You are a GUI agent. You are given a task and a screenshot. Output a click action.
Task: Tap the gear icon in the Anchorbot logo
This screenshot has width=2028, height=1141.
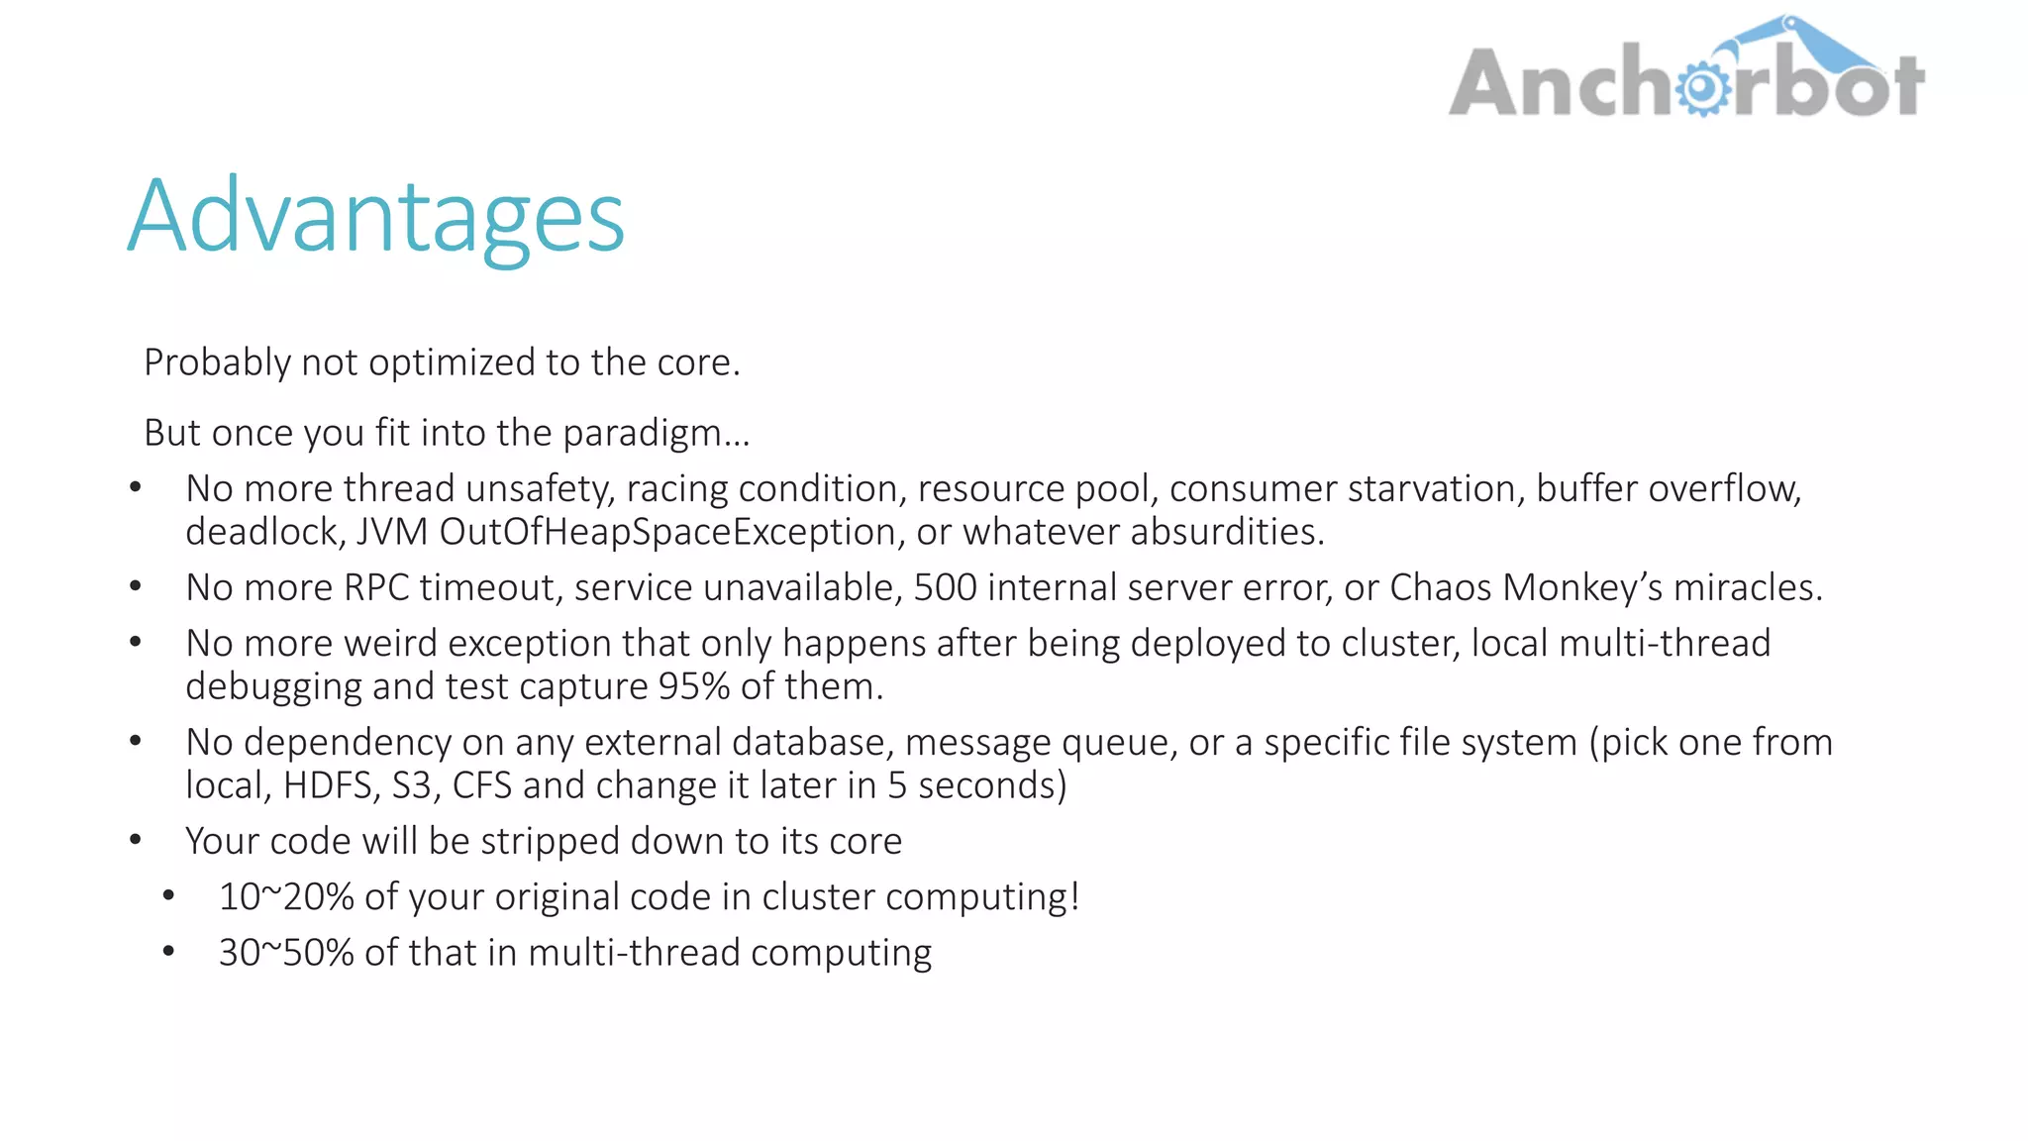[x=1702, y=88]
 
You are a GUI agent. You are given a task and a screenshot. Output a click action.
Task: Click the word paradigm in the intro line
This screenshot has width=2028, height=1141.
[x=656, y=434]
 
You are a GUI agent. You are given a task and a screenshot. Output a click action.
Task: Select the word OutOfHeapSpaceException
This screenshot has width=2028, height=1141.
[x=667, y=533]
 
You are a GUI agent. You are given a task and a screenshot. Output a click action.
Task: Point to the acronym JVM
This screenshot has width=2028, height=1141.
[x=392, y=533]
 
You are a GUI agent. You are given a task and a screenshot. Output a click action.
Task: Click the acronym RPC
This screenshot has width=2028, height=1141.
[x=376, y=588]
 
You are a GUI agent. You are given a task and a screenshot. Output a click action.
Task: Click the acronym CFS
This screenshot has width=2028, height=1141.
[x=481, y=786]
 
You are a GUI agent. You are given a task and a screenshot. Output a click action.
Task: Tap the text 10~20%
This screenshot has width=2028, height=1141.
[x=286, y=897]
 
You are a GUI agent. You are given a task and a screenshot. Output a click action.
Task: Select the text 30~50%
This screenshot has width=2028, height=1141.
[x=286, y=953]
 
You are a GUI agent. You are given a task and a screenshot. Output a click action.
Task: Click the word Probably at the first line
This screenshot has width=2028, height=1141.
[x=217, y=363]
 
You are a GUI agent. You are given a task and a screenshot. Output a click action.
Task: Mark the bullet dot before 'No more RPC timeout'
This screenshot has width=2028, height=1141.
[x=136, y=586]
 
